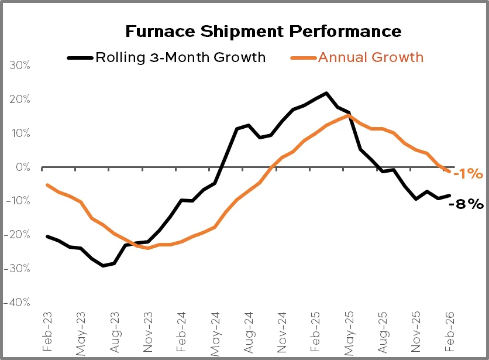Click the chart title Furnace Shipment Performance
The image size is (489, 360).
click(264, 31)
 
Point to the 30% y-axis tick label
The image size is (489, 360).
click(20, 66)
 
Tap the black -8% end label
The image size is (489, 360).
click(466, 204)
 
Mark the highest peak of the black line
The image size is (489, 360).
click(326, 93)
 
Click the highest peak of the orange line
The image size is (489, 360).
click(349, 115)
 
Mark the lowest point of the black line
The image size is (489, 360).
click(103, 266)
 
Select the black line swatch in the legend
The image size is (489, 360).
click(80, 58)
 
